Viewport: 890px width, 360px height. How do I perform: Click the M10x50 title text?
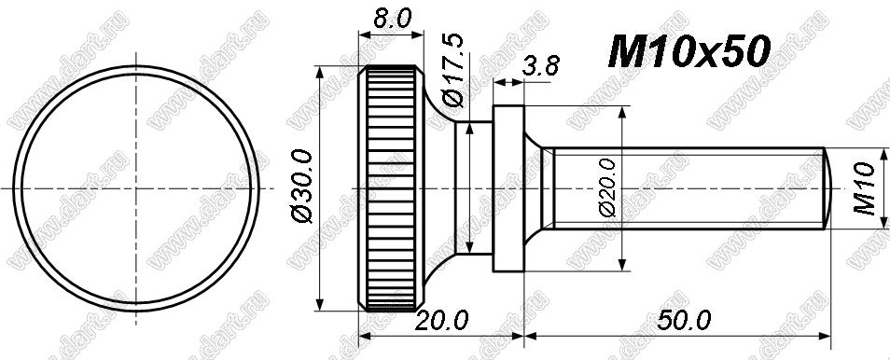[688, 51]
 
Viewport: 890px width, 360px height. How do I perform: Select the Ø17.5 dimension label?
[454, 70]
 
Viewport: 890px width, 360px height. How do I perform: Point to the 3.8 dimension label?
[540, 66]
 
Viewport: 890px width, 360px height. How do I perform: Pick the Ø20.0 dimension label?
[606, 187]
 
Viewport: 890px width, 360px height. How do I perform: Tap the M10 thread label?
[865, 188]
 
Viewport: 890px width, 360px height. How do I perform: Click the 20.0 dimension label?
[441, 322]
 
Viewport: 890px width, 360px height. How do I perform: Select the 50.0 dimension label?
[684, 322]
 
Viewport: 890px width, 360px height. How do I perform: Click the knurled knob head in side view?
[392, 188]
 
